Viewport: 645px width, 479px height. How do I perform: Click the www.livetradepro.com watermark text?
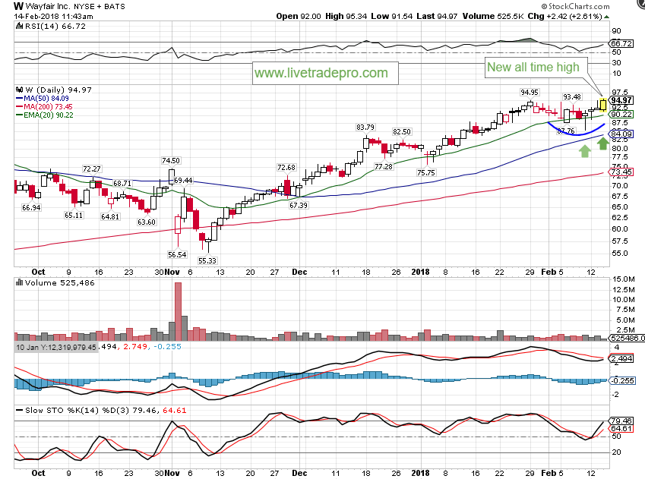[321, 74]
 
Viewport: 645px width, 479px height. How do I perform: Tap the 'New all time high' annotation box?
[533, 67]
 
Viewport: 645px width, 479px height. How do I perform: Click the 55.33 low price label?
[207, 260]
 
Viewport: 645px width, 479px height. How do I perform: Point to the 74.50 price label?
[170, 160]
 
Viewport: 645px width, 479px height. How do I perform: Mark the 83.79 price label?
[365, 127]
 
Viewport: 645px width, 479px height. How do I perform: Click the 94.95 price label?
[529, 92]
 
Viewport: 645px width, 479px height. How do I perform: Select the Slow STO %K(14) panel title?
[57, 411]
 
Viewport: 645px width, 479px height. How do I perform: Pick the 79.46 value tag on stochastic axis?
[622, 420]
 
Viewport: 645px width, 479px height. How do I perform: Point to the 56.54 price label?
[178, 254]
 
